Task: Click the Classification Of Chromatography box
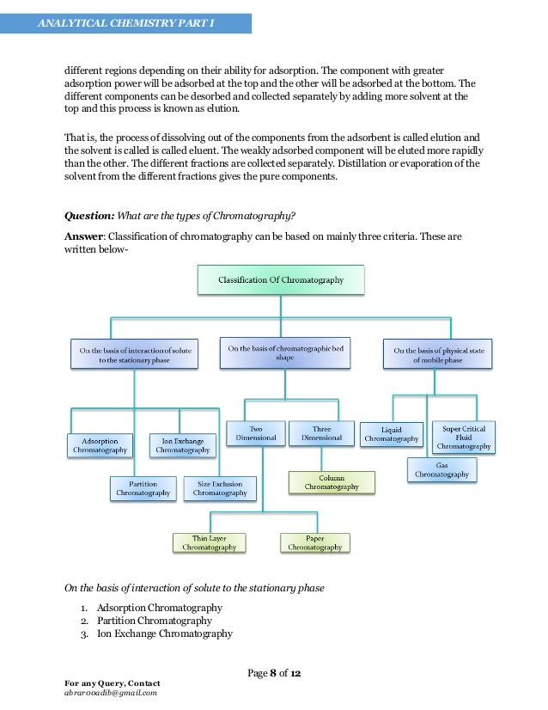(281, 279)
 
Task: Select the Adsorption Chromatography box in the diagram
(100, 444)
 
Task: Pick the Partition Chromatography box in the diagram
(143, 487)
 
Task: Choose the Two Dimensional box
(255, 432)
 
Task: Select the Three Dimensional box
(321, 432)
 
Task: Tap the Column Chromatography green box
(331, 482)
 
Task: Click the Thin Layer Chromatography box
(209, 542)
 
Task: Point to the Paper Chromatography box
(314, 542)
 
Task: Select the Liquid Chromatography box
(391, 434)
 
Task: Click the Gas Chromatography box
(441, 469)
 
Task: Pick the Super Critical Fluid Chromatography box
(463, 437)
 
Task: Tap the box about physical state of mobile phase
(439, 355)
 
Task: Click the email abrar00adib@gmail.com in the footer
(110, 692)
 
